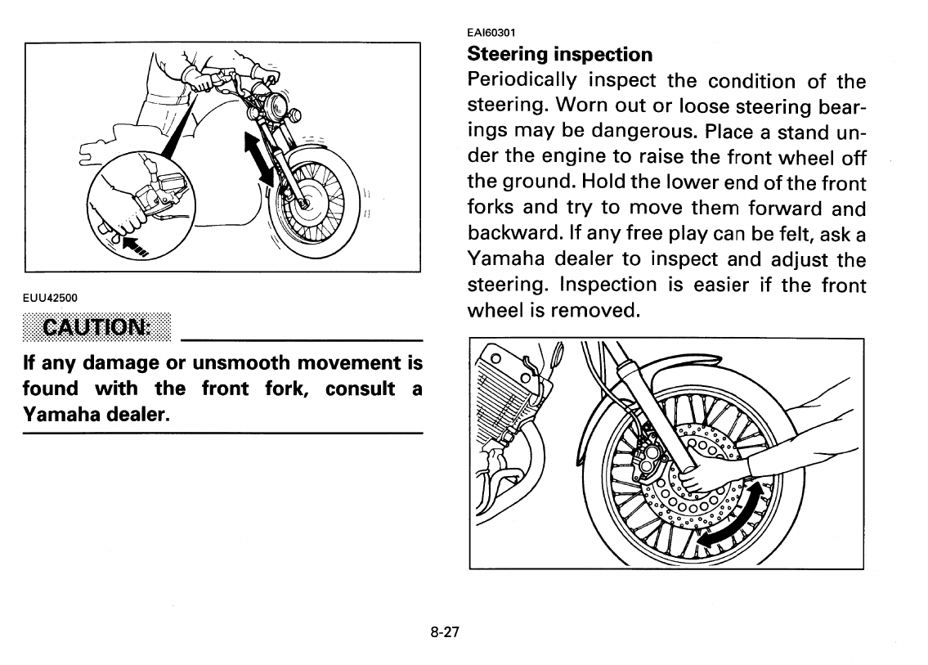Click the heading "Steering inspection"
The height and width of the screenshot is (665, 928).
click(x=559, y=55)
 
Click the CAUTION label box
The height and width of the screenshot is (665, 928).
click(x=99, y=329)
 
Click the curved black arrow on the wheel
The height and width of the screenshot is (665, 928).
click(x=735, y=513)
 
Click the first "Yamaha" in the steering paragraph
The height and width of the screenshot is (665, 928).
click(x=506, y=260)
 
